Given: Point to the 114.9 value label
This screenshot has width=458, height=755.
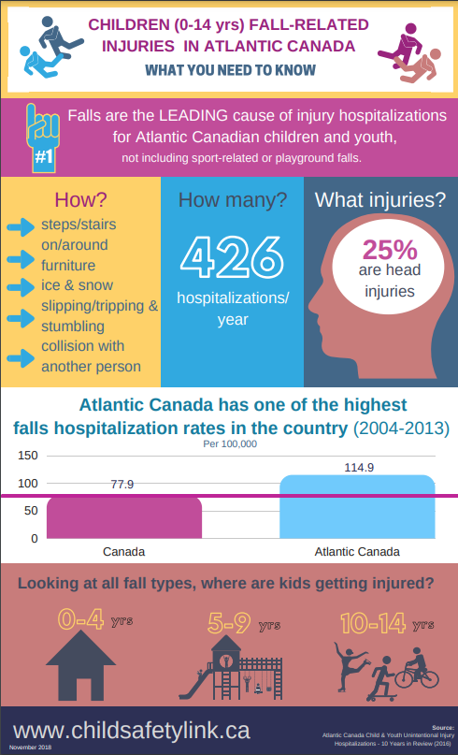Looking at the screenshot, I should tap(358, 467).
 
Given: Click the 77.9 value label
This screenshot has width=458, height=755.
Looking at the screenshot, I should tap(122, 485).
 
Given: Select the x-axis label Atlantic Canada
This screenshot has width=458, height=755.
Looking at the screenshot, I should tap(357, 551).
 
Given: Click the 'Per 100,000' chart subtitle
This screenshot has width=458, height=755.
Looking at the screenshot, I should tap(230, 443).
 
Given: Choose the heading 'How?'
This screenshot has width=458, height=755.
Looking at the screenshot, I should tap(80, 199).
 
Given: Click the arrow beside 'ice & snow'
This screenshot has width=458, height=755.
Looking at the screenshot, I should tap(21, 286).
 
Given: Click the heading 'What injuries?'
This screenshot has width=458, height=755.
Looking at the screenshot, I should tap(379, 199).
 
